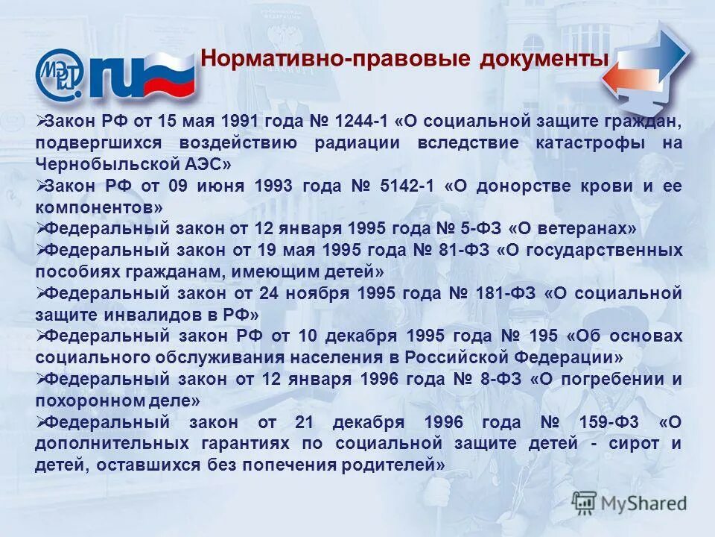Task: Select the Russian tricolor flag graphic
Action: coord(168,75)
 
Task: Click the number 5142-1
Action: coord(401,185)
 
